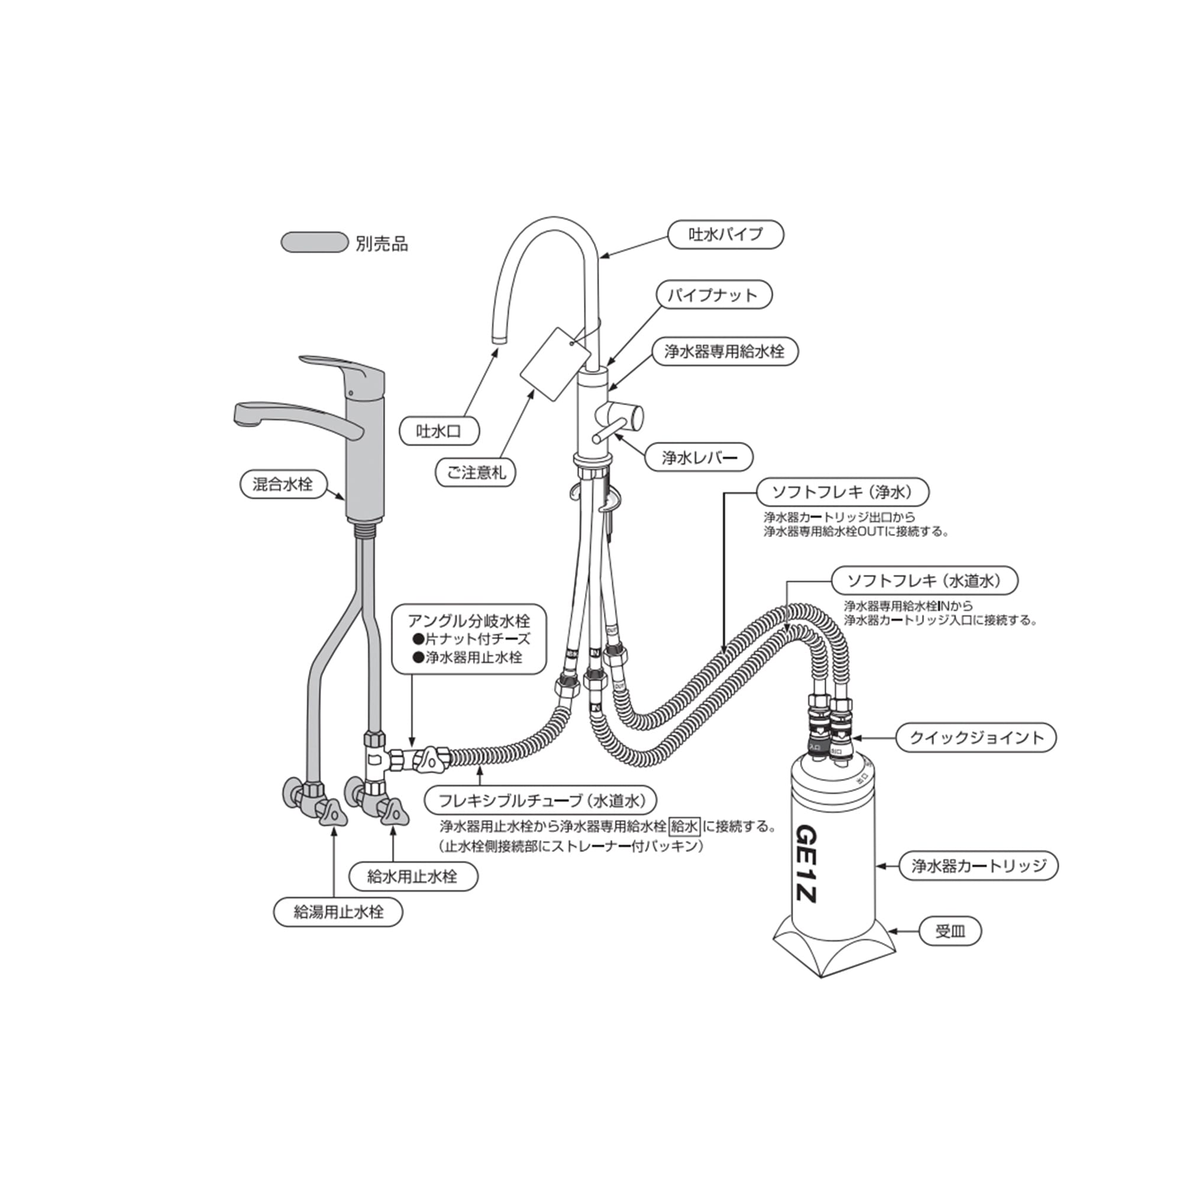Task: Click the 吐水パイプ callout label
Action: tap(725, 234)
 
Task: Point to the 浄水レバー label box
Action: tap(699, 457)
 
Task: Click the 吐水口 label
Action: tap(438, 432)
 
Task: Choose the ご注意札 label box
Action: tap(476, 473)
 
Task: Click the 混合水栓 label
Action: tap(282, 484)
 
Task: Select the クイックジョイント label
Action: tap(976, 738)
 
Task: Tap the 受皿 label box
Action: tap(950, 932)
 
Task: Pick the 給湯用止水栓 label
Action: tap(338, 912)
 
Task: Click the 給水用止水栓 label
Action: tap(413, 876)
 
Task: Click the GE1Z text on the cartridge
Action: tap(806, 864)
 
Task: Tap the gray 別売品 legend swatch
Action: tap(314, 243)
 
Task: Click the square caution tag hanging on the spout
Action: tap(550, 364)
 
